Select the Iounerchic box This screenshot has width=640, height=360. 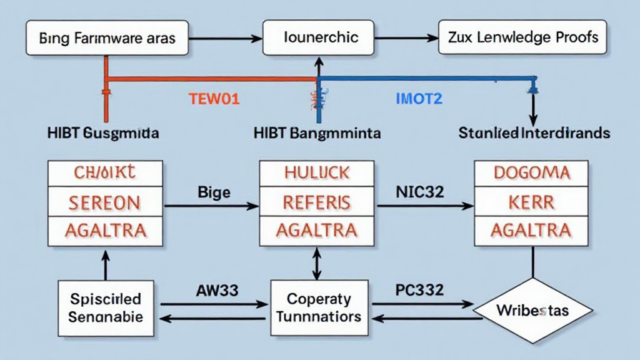(x=318, y=37)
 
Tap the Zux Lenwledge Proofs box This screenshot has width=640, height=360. (x=522, y=37)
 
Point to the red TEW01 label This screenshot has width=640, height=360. (x=214, y=98)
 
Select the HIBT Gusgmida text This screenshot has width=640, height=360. (x=102, y=133)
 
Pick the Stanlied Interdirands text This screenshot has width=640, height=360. (x=534, y=133)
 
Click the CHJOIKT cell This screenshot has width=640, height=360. (x=105, y=173)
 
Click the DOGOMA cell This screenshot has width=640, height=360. (x=531, y=173)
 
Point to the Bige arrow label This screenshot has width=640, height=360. (x=214, y=192)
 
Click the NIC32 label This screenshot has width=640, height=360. (x=419, y=192)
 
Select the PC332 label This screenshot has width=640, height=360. (x=419, y=290)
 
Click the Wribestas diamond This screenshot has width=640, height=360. (x=532, y=310)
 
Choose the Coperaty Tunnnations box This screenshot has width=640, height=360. (x=318, y=308)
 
